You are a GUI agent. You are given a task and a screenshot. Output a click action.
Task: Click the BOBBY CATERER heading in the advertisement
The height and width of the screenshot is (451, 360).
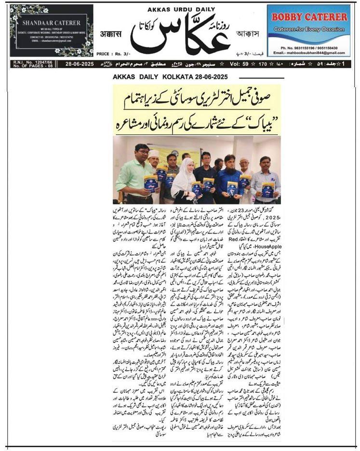click(309, 17)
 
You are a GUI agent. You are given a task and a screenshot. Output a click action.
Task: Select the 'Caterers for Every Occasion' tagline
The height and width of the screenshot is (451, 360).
click(309, 29)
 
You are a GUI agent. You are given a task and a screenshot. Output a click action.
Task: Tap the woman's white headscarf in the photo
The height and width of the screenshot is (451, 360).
click(184, 168)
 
